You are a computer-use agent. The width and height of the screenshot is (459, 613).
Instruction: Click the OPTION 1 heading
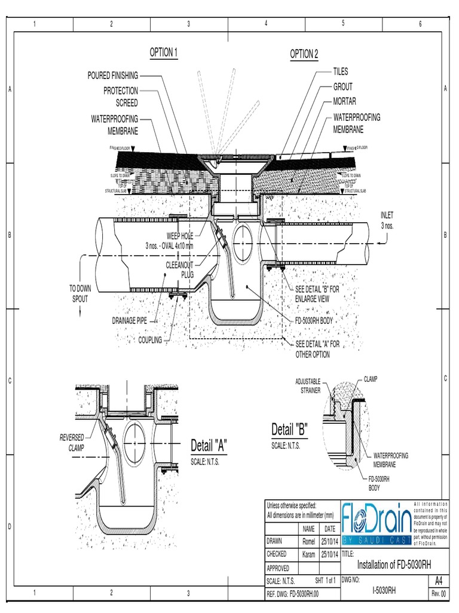164,53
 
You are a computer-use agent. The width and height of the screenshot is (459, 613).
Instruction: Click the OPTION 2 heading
304,54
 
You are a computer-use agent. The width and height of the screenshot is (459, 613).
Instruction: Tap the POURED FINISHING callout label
113,75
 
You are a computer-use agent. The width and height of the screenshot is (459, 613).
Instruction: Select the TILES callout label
341,71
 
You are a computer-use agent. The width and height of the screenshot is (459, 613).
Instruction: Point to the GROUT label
342,87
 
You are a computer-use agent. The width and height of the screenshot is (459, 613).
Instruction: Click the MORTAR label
344,102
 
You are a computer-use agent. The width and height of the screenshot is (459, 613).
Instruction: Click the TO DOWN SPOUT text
79,293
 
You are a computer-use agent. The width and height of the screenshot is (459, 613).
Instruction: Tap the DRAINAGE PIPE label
129,321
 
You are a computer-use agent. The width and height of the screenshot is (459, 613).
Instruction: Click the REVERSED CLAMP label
72,442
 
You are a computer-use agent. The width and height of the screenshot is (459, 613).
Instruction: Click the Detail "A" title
209,445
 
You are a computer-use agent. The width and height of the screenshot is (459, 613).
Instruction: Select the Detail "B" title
289,429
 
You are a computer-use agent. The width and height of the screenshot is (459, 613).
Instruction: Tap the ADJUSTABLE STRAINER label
308,385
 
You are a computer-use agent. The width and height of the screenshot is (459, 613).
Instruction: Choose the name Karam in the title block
308,554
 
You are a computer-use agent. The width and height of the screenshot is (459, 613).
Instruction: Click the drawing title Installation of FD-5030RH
393,565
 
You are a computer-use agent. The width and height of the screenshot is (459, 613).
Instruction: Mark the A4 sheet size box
439,581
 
